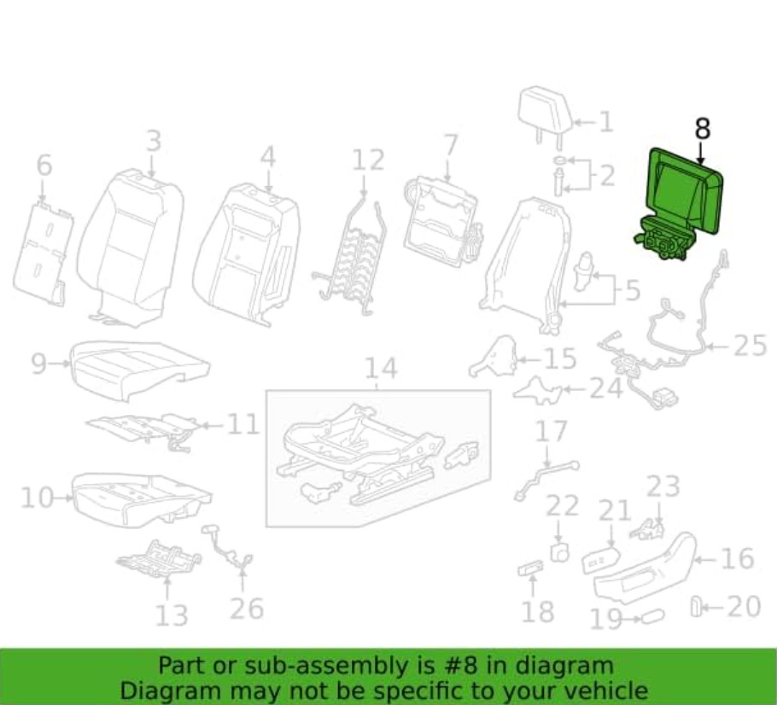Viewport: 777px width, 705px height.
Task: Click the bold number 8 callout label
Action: tap(703, 128)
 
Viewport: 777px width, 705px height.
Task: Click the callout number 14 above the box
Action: tap(381, 368)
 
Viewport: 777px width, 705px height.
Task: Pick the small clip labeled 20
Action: tap(696, 607)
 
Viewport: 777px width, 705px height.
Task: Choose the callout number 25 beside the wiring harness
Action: tap(750, 346)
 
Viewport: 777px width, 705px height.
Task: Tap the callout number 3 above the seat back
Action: tap(154, 140)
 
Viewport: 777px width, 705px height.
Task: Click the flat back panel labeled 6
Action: tap(43, 250)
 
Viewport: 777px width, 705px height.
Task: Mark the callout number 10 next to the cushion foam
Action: tap(37, 497)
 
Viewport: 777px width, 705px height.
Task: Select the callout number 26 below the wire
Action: tap(246, 609)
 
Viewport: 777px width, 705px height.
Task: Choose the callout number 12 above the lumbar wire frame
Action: tap(368, 159)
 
